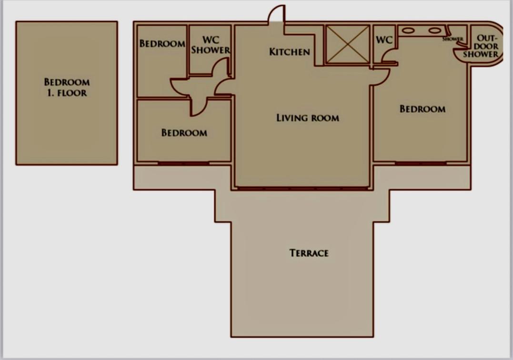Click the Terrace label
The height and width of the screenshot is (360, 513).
(x=309, y=253)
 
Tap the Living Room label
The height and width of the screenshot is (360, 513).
(x=308, y=118)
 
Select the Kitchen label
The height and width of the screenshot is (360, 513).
(x=290, y=51)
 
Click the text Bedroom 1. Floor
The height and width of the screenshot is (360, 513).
(x=67, y=87)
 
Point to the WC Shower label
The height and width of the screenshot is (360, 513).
(x=211, y=45)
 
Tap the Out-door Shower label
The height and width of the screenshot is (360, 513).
(x=481, y=47)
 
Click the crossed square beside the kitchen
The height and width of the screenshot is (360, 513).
(x=347, y=44)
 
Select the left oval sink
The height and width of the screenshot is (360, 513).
(x=408, y=30)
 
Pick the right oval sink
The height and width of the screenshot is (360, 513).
(x=435, y=30)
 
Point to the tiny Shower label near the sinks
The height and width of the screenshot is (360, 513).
(x=453, y=39)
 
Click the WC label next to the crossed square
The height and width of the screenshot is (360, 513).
(x=384, y=40)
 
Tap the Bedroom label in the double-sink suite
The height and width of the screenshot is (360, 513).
(x=422, y=109)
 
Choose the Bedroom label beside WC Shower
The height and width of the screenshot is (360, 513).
(x=162, y=43)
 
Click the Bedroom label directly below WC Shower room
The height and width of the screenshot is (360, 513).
(x=184, y=133)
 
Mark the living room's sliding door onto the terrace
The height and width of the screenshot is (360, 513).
(x=302, y=189)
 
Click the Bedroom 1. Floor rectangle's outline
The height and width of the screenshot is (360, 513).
(x=16, y=93)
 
